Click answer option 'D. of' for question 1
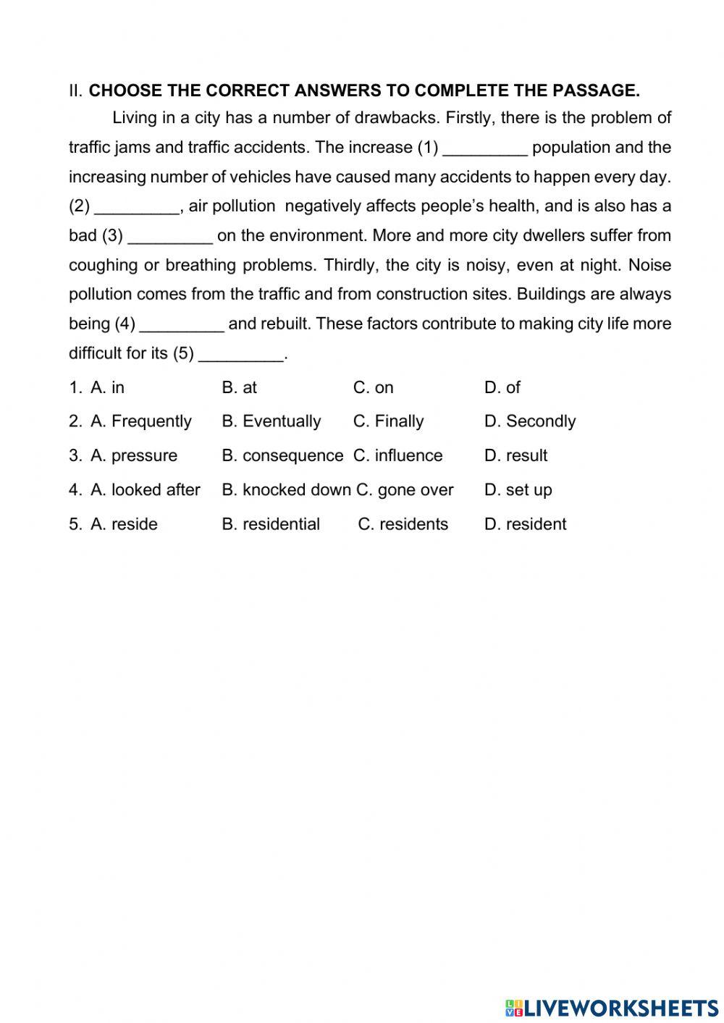[x=502, y=388]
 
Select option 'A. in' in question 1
[x=107, y=388]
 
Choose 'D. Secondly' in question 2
[x=529, y=421]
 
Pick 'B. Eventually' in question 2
[x=271, y=421]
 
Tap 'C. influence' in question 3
[x=397, y=456]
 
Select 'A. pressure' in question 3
[x=133, y=456]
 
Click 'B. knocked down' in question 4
[x=286, y=490]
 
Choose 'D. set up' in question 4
[x=518, y=490]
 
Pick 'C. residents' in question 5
[x=403, y=524]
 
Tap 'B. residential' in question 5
[x=271, y=524]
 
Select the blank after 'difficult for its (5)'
[x=240, y=355]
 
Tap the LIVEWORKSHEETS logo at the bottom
[x=611, y=1007]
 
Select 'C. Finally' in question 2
[x=388, y=421]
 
